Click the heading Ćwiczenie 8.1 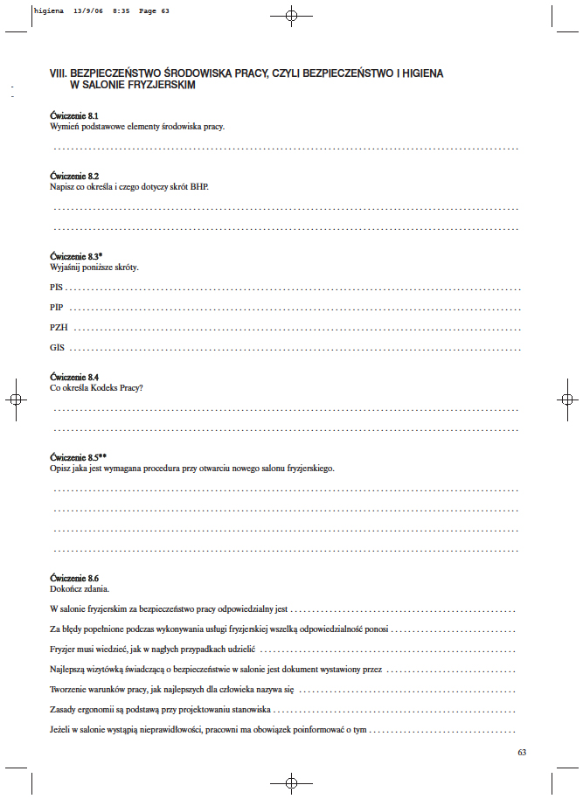(x=74, y=116)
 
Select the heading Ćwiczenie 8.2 (x=74, y=177)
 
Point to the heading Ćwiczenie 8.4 (x=74, y=377)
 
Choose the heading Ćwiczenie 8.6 (x=74, y=579)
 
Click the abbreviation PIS (x=57, y=287)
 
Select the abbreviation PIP (x=57, y=307)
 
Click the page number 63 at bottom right (x=522, y=752)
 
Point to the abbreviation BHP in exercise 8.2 (x=199, y=187)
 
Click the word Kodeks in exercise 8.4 (x=102, y=387)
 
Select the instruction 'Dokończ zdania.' (x=80, y=589)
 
